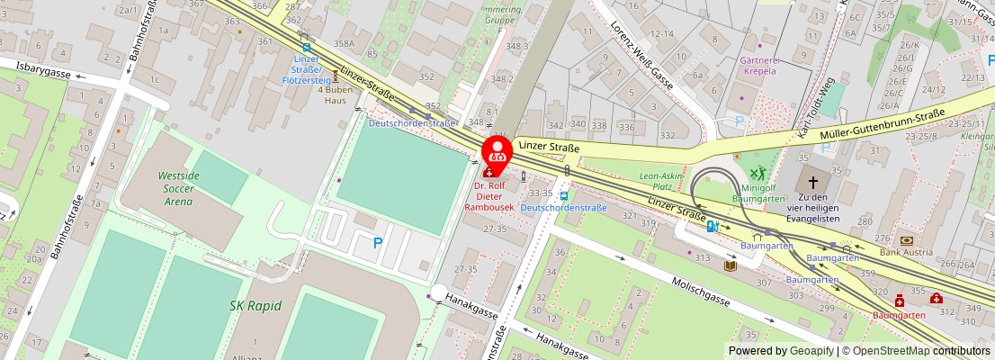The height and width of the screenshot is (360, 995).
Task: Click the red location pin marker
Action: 497,151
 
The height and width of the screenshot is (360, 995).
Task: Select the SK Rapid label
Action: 255,306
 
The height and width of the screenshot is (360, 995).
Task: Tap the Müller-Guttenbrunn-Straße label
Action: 882,125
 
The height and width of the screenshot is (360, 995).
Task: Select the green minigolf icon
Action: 758,173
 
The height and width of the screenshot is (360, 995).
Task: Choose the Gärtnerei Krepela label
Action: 758,65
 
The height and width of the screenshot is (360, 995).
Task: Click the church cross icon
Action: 812,178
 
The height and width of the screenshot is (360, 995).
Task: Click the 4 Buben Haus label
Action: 336,95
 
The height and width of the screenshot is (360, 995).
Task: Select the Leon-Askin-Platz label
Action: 656,182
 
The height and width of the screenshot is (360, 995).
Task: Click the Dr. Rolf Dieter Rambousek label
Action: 489,197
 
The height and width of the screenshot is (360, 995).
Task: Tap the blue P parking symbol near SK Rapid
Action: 378,242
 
